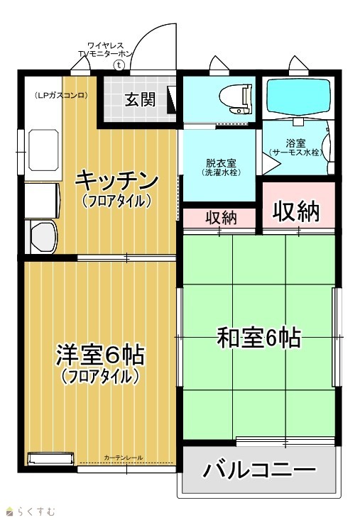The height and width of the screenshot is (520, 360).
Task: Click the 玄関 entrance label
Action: click(140, 99)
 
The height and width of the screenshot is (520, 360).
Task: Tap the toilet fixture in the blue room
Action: click(235, 99)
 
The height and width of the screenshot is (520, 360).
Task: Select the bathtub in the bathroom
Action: click(299, 96)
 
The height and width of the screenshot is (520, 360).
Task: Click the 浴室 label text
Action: click(295, 143)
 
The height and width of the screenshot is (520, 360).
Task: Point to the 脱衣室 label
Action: click(221, 163)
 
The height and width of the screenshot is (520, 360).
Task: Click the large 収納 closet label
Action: click(296, 211)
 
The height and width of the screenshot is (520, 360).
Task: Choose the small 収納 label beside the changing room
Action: click(221, 218)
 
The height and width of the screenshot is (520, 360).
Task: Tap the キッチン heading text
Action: click(116, 180)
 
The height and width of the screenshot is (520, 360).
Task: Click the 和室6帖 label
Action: click(258, 338)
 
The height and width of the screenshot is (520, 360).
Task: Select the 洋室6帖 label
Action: click(100, 355)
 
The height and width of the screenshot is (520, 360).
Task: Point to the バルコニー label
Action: click(258, 470)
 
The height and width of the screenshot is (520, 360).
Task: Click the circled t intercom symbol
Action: click(119, 65)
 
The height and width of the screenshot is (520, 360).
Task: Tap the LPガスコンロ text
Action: click(61, 96)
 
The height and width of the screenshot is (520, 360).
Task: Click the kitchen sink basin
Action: click(43, 150)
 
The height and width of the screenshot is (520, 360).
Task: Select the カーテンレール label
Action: click(124, 458)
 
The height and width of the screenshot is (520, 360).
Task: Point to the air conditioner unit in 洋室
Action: click(51, 459)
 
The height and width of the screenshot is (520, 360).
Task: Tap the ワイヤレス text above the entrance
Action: click(105, 45)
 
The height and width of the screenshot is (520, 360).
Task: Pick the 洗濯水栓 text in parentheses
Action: click(221, 172)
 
